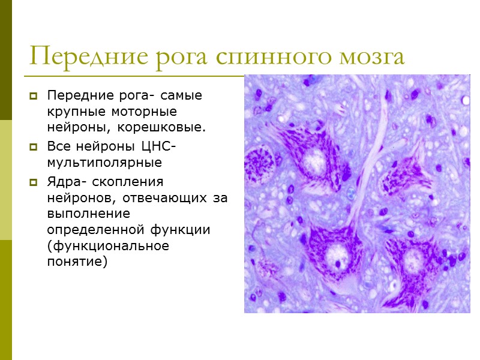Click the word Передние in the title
pyautogui.click(x=81, y=57)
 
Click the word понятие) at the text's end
pyautogui.click(x=77, y=262)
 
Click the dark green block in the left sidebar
pyautogui.click(x=6, y=60)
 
